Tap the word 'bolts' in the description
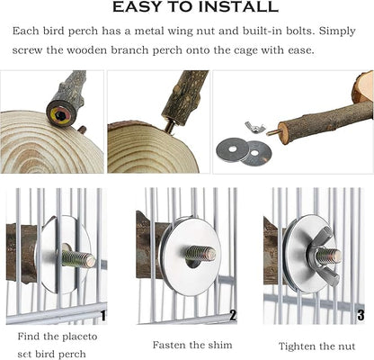298,31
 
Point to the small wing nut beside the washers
253,126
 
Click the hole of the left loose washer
232,148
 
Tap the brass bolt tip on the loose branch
272,132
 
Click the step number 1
102,316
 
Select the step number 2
233,315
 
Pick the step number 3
361,316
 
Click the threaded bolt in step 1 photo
78,258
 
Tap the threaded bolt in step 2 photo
200,254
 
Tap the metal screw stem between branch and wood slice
169,126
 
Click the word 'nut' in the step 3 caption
346,346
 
